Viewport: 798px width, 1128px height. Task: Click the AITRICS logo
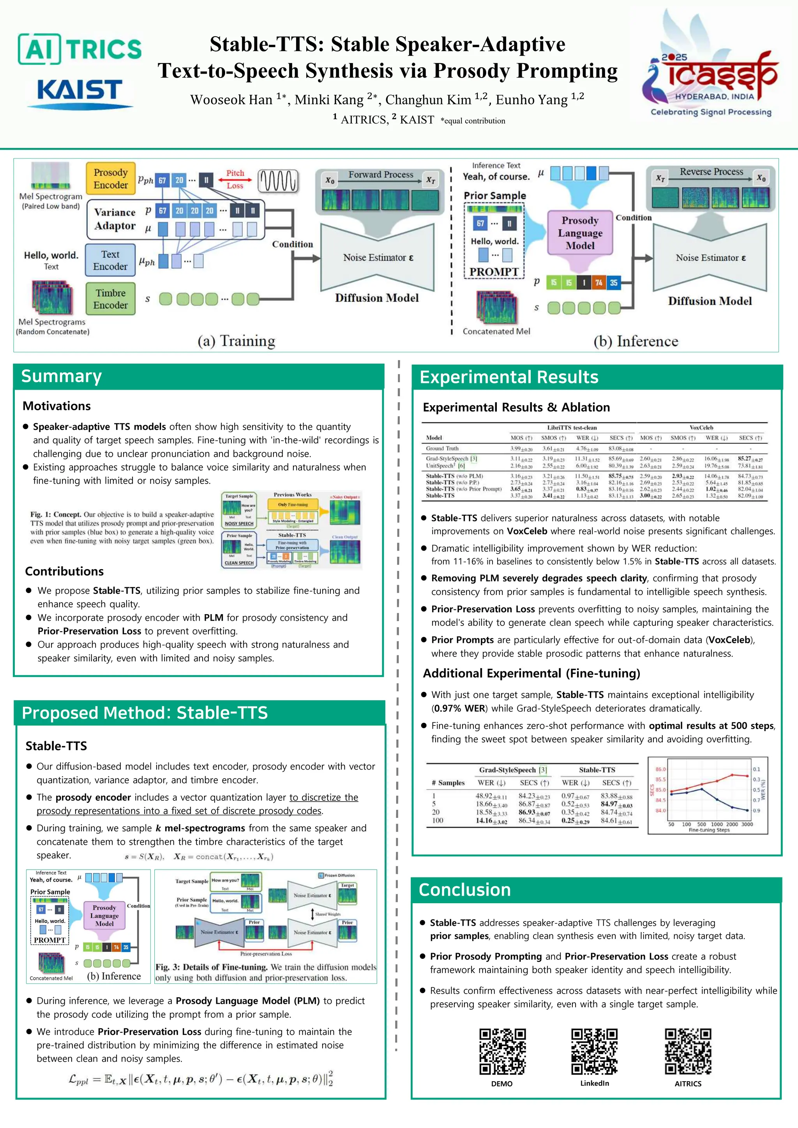point(79,49)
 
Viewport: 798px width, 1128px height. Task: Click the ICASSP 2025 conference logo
point(711,69)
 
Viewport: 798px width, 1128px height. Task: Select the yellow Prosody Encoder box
point(111,179)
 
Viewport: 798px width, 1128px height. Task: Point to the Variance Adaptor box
point(115,219)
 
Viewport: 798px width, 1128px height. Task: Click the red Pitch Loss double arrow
point(235,179)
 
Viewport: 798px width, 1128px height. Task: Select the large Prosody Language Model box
point(580,233)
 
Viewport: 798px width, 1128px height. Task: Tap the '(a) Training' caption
point(237,341)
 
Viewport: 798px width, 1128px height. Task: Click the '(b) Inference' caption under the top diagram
point(636,341)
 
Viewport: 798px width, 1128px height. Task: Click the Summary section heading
point(62,376)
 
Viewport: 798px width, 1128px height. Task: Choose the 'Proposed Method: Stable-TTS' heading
point(145,713)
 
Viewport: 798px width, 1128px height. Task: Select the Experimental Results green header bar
point(597,377)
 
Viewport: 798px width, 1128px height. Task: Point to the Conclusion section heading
point(464,890)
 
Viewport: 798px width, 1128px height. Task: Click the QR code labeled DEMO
point(502,1052)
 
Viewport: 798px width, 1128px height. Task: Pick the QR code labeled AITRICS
point(688,1052)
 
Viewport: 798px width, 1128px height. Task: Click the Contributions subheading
point(64,571)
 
